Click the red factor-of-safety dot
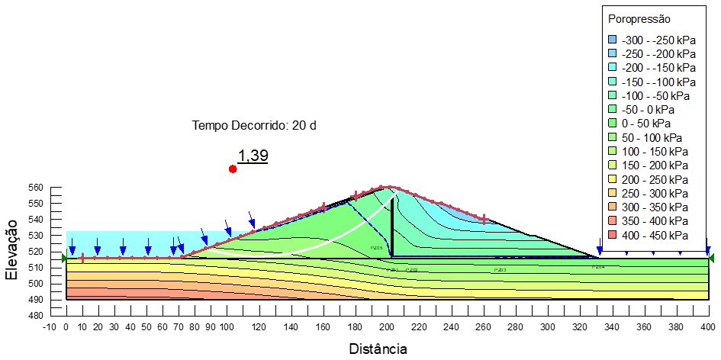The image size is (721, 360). [x=233, y=169]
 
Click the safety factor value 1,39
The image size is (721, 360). [x=253, y=156]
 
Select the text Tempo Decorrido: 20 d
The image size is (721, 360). [x=253, y=125]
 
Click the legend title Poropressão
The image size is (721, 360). [x=639, y=19]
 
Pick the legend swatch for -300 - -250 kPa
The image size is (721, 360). [x=612, y=39]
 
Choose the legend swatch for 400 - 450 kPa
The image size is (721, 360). [x=612, y=236]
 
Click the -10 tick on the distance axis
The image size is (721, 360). [x=50, y=326]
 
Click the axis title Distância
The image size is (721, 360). [x=378, y=349]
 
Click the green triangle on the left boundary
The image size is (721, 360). [x=64, y=258]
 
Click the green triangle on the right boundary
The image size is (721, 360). [x=711, y=258]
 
